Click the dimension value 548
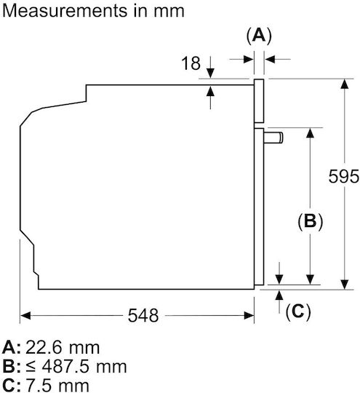pyautogui.click(x=143, y=315)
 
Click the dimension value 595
pyautogui.click(x=344, y=176)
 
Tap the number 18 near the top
pyautogui.click(x=191, y=63)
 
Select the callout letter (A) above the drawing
pyautogui.click(x=259, y=36)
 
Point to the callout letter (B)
pyautogui.click(x=310, y=221)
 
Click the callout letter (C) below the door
pyautogui.click(x=298, y=311)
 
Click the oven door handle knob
pyautogui.click(x=273, y=138)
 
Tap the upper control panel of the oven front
pyautogui.click(x=259, y=101)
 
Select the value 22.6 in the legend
pyautogui.click(x=44, y=347)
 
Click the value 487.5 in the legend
pyautogui.click(x=65, y=367)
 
